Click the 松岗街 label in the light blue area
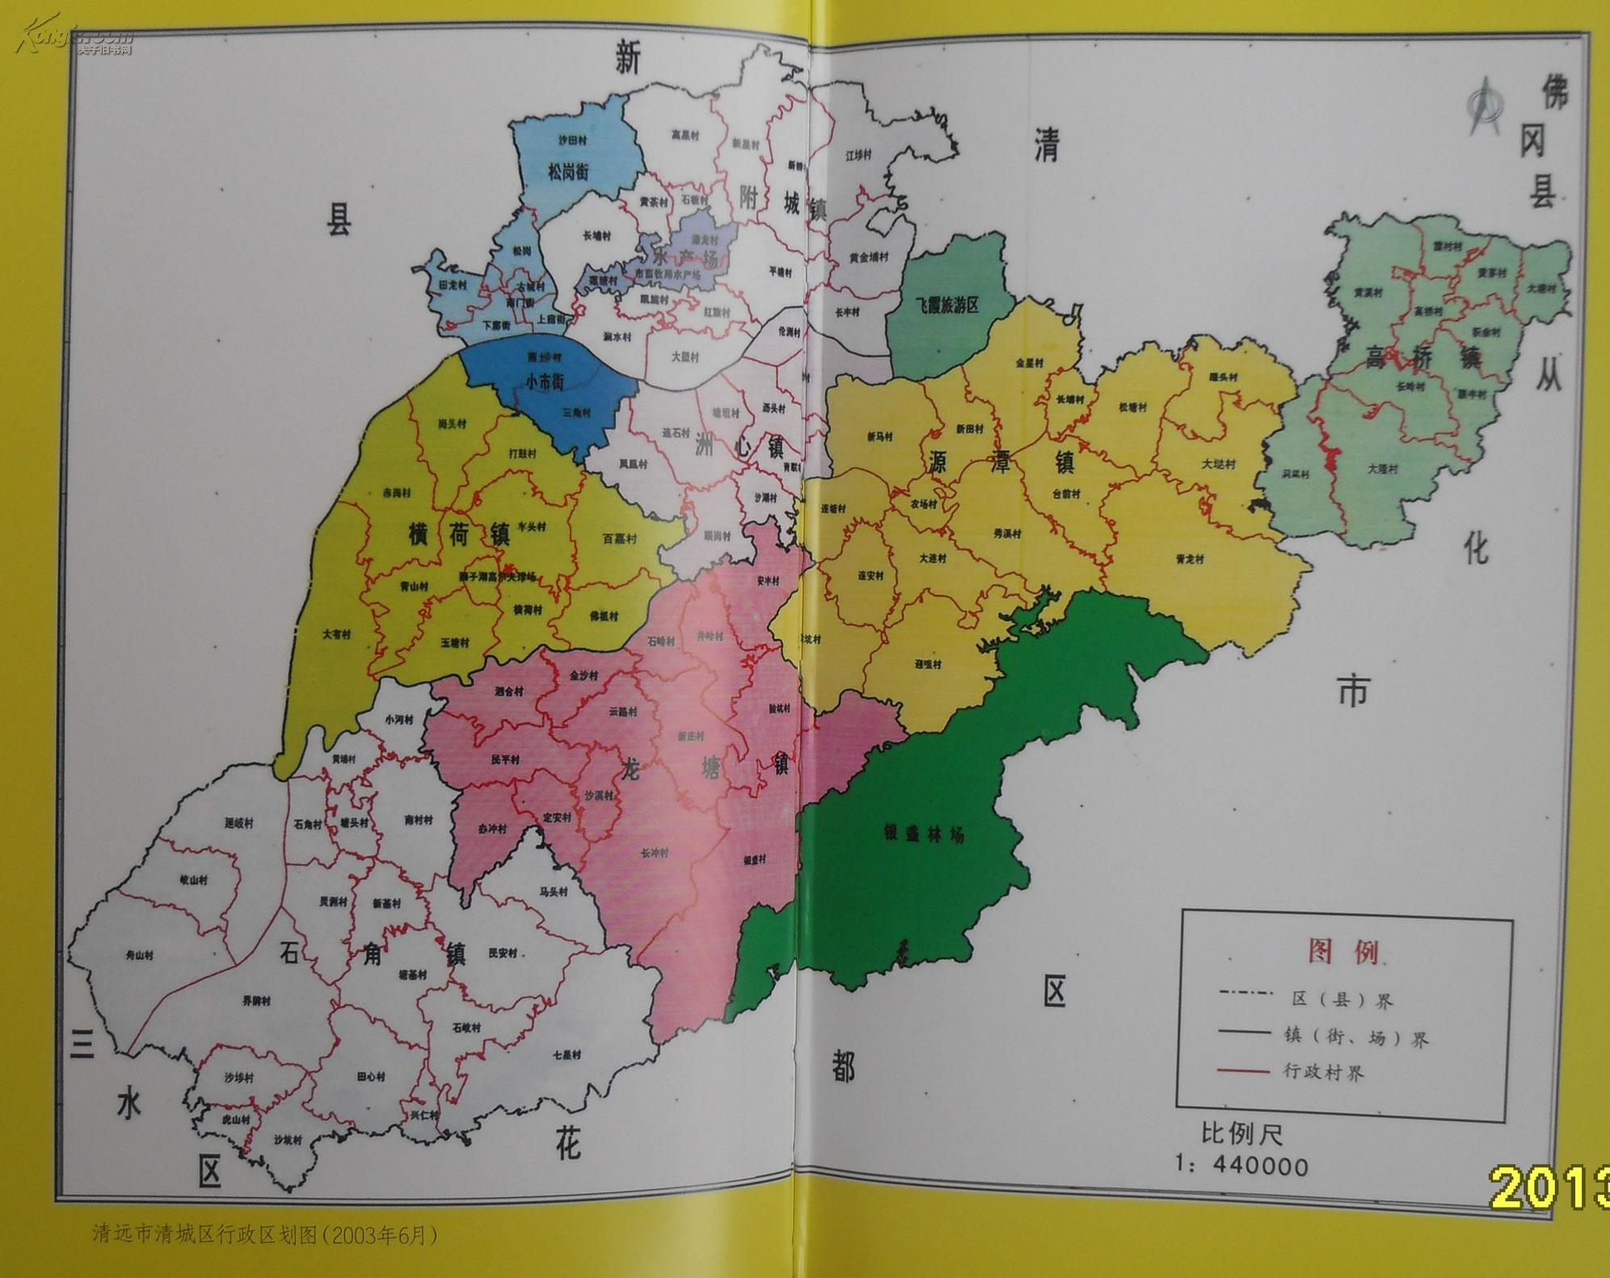pyautogui.click(x=567, y=171)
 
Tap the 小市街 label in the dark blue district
pyautogui.click(x=545, y=382)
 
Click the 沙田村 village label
pyautogui.click(x=572, y=140)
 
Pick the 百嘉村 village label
pyautogui.click(x=620, y=538)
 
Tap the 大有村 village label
pyautogui.click(x=337, y=635)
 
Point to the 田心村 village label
pyautogui.click(x=371, y=1077)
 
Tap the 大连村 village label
pyautogui.click(x=932, y=558)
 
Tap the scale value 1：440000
pyautogui.click(x=1241, y=1166)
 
